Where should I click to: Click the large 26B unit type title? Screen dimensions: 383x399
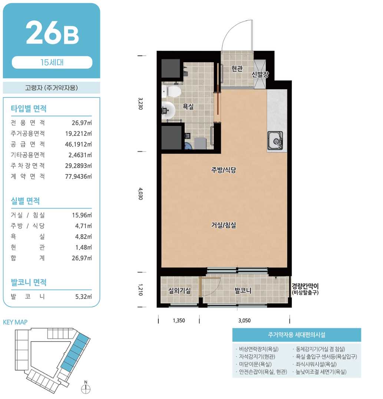(x=52, y=32)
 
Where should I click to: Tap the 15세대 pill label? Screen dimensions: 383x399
(x=52, y=62)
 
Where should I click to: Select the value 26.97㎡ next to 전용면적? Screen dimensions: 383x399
(x=82, y=123)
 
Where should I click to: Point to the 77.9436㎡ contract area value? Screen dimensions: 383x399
(x=78, y=176)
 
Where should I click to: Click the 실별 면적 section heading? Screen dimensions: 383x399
(x=25, y=201)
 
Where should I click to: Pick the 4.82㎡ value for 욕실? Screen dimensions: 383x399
(x=83, y=236)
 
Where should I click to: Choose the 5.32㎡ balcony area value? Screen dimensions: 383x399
(x=83, y=296)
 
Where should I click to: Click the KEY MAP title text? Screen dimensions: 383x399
(x=15, y=322)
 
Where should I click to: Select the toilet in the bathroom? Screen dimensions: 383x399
(x=171, y=92)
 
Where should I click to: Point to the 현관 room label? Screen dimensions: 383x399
(x=237, y=69)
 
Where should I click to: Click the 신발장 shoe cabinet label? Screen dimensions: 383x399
(x=260, y=74)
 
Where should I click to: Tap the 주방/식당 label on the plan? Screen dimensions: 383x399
(x=224, y=170)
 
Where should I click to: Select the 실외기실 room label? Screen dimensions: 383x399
(x=179, y=290)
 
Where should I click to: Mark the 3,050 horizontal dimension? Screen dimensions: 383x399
(x=244, y=320)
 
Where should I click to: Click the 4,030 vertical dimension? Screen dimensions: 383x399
(x=141, y=194)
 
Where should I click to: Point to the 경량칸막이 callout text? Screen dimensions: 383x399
(x=305, y=286)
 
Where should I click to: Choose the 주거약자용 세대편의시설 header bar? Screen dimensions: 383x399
(x=297, y=335)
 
